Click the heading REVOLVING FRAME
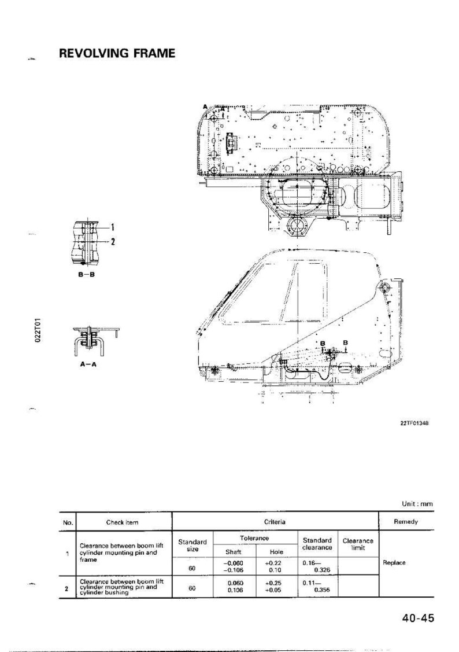click(117, 53)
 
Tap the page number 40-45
click(417, 618)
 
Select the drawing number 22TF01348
click(414, 423)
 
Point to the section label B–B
click(87, 275)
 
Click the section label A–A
click(88, 364)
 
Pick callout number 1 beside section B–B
click(112, 227)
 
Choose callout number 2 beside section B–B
click(112, 242)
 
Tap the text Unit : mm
click(417, 503)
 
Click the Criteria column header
click(274, 521)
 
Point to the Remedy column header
click(406, 521)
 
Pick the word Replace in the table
click(394, 562)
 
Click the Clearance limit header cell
click(358, 544)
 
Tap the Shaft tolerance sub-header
click(234, 552)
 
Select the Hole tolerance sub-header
click(277, 552)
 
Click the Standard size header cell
click(193, 545)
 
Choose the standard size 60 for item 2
click(192, 588)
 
